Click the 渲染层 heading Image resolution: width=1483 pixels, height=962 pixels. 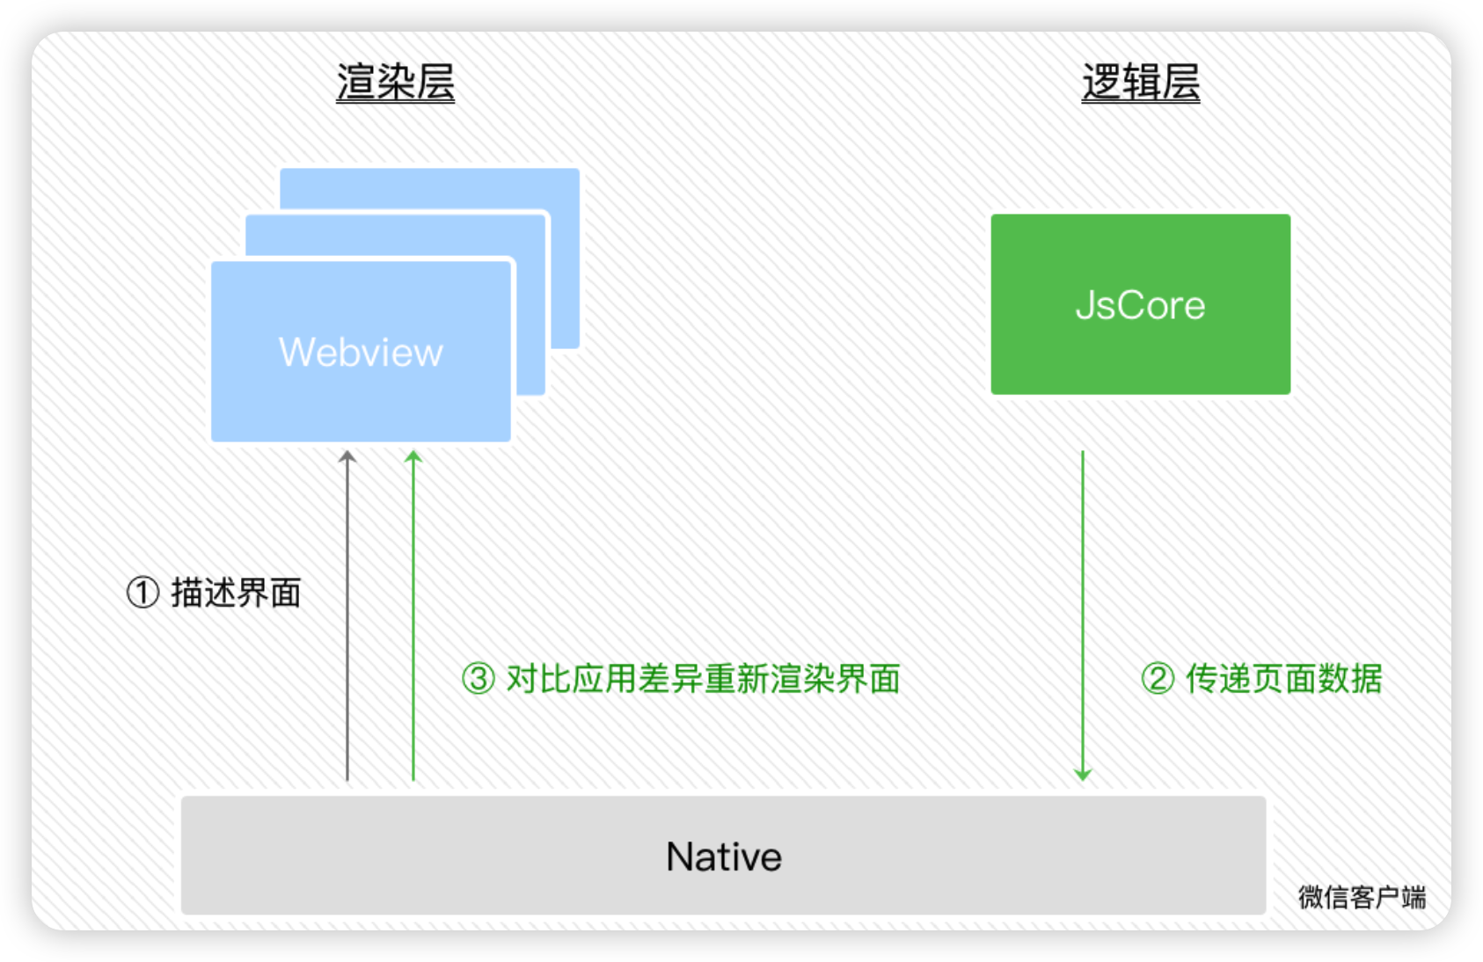tap(395, 84)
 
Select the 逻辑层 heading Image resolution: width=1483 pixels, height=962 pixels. tap(1140, 84)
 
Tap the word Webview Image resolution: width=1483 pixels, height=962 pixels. tap(361, 352)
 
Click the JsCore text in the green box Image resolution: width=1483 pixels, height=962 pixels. tap(1140, 305)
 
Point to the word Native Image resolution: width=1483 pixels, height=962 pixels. tap(723, 856)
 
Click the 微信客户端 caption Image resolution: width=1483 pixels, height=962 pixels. tap(1362, 897)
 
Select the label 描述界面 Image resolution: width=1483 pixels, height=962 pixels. tap(236, 593)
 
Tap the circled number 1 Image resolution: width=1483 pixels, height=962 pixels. tap(142, 593)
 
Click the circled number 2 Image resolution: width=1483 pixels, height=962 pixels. tap(1158, 679)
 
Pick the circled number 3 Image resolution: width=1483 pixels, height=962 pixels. tap(479, 679)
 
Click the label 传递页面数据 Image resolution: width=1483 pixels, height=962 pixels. tap(1283, 679)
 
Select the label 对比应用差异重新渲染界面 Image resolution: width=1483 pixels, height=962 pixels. tap(703, 679)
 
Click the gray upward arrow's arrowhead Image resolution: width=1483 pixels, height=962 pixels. tap(347, 457)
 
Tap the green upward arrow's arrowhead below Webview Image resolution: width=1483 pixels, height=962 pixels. tap(413, 457)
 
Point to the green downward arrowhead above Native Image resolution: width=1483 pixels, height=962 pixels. tap(1083, 774)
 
